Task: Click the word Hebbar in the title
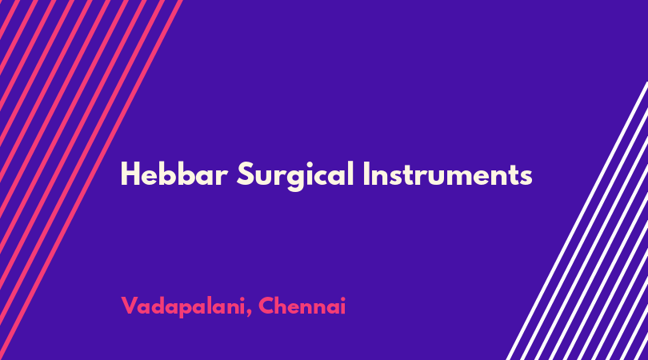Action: (x=174, y=174)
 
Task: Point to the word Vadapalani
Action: (x=183, y=307)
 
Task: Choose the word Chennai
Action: (x=302, y=306)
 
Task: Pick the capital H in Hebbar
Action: (x=129, y=174)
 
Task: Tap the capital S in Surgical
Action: (x=244, y=174)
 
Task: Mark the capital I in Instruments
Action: (x=366, y=174)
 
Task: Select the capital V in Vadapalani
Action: (x=130, y=306)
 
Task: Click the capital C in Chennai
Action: (x=266, y=306)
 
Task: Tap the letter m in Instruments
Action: (x=453, y=178)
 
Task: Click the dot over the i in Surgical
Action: (x=311, y=164)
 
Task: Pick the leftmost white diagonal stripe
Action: (x=578, y=221)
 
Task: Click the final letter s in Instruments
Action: (x=526, y=178)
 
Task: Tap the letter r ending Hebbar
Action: (x=222, y=178)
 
